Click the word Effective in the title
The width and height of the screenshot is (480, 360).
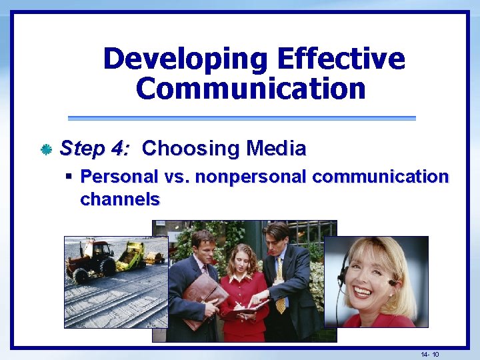(x=341, y=59)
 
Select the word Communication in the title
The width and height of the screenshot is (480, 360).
(x=251, y=89)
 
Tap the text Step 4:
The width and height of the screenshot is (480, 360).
(x=95, y=148)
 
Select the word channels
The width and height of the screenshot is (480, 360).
(x=120, y=199)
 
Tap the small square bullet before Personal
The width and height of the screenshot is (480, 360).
(x=69, y=177)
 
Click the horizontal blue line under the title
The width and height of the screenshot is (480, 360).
(x=241, y=118)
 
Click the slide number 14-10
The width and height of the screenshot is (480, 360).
(x=429, y=353)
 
